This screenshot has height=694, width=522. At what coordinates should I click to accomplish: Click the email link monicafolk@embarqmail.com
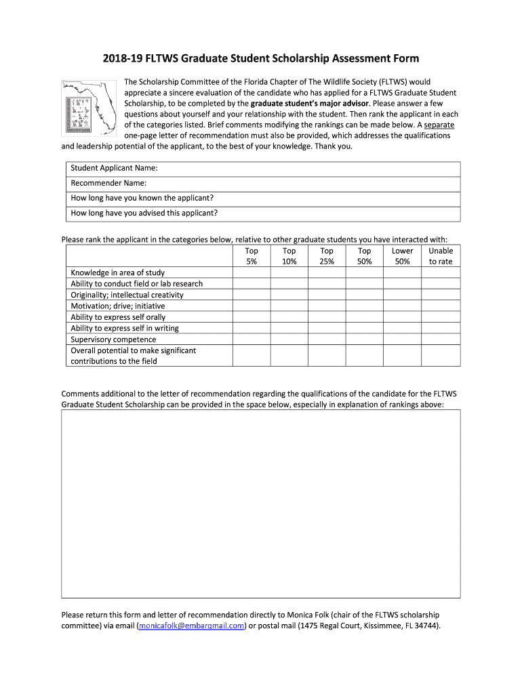tap(191, 626)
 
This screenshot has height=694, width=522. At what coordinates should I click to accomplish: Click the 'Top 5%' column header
tap(252, 256)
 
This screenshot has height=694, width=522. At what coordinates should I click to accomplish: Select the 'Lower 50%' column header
tap(403, 256)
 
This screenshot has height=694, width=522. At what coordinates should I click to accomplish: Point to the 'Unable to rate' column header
tap(441, 256)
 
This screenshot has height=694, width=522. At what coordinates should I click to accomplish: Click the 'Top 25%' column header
tap(327, 256)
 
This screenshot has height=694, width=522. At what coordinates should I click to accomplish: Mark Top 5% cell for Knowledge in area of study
tap(252, 273)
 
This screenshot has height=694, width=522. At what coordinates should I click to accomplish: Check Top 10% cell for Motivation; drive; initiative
tap(289, 306)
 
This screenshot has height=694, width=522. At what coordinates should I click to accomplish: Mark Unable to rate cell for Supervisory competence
tap(441, 340)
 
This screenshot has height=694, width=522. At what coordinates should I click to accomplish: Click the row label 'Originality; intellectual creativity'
tap(127, 295)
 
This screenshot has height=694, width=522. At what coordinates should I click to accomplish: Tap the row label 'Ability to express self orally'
tap(118, 317)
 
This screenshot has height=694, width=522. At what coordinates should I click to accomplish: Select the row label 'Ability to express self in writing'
tap(125, 328)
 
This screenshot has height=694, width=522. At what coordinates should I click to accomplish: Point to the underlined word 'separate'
tap(439, 125)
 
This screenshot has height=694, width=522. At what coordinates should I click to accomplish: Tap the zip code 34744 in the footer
tap(426, 626)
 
